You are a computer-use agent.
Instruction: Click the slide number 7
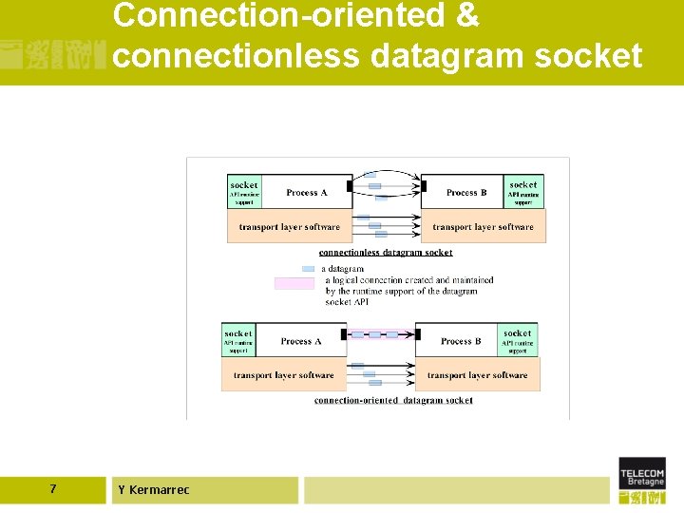[x=52, y=489]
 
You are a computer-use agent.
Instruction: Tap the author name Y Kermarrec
[x=154, y=490]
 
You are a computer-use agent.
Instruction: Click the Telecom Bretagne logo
[x=642, y=480]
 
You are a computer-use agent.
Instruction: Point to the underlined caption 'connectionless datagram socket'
[x=386, y=253]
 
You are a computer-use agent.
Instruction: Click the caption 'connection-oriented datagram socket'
[x=393, y=401]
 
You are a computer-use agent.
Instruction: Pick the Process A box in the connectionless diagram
[x=306, y=193]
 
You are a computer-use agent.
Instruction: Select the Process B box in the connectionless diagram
[x=466, y=193]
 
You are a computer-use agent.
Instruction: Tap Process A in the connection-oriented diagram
[x=301, y=341]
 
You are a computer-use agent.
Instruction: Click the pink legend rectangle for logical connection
[x=294, y=283]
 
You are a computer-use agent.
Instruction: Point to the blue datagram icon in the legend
[x=308, y=269]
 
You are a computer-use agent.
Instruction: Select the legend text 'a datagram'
[x=343, y=269]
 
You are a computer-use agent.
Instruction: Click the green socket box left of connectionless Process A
[x=244, y=192]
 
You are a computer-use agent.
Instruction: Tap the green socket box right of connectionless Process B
[x=523, y=192]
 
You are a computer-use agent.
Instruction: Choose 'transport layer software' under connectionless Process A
[x=290, y=227]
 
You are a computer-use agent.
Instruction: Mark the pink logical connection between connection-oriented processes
[x=381, y=334]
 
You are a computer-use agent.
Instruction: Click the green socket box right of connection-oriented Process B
[x=518, y=340]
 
